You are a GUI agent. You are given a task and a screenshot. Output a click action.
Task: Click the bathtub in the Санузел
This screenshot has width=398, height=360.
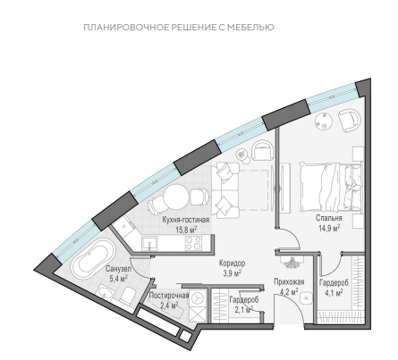[92, 258]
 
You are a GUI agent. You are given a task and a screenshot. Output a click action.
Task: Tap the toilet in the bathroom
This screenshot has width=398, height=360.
[128, 296]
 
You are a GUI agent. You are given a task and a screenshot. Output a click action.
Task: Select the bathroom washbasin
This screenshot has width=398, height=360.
[106, 293]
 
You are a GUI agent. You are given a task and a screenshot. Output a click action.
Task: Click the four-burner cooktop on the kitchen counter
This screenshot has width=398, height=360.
[193, 243]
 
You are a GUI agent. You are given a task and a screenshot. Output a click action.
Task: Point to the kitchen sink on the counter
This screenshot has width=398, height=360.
[149, 243]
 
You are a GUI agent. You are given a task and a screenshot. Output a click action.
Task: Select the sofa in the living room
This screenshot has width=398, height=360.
[225, 190]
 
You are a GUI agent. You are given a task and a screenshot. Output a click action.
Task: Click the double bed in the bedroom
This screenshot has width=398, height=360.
[332, 187]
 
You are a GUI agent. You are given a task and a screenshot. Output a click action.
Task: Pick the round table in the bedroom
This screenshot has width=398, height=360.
[325, 121]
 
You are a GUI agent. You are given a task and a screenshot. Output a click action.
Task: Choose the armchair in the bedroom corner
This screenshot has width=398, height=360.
[350, 120]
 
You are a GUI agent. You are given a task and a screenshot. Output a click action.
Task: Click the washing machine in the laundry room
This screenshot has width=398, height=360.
[198, 297]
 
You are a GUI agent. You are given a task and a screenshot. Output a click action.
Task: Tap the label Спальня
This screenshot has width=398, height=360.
[329, 218]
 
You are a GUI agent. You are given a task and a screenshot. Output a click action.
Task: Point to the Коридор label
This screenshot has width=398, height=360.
[232, 264]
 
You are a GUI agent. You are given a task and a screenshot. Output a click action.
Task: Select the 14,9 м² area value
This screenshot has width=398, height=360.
[329, 228]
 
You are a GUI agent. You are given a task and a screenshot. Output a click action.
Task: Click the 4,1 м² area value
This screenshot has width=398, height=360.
[334, 293]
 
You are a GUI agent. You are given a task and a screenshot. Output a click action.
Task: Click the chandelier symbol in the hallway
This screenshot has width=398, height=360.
[292, 262]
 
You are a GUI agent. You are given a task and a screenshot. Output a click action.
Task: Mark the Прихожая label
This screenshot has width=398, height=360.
[289, 281]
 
